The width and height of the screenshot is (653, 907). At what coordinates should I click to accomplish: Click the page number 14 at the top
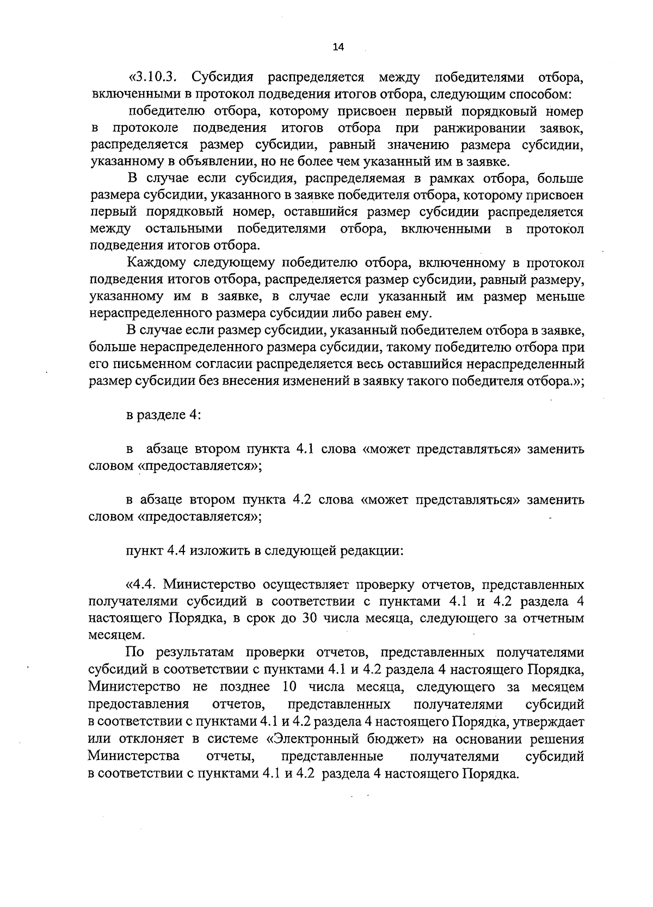pyautogui.click(x=338, y=47)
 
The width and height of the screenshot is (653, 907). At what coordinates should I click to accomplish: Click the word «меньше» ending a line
pyautogui.click(x=563, y=297)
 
